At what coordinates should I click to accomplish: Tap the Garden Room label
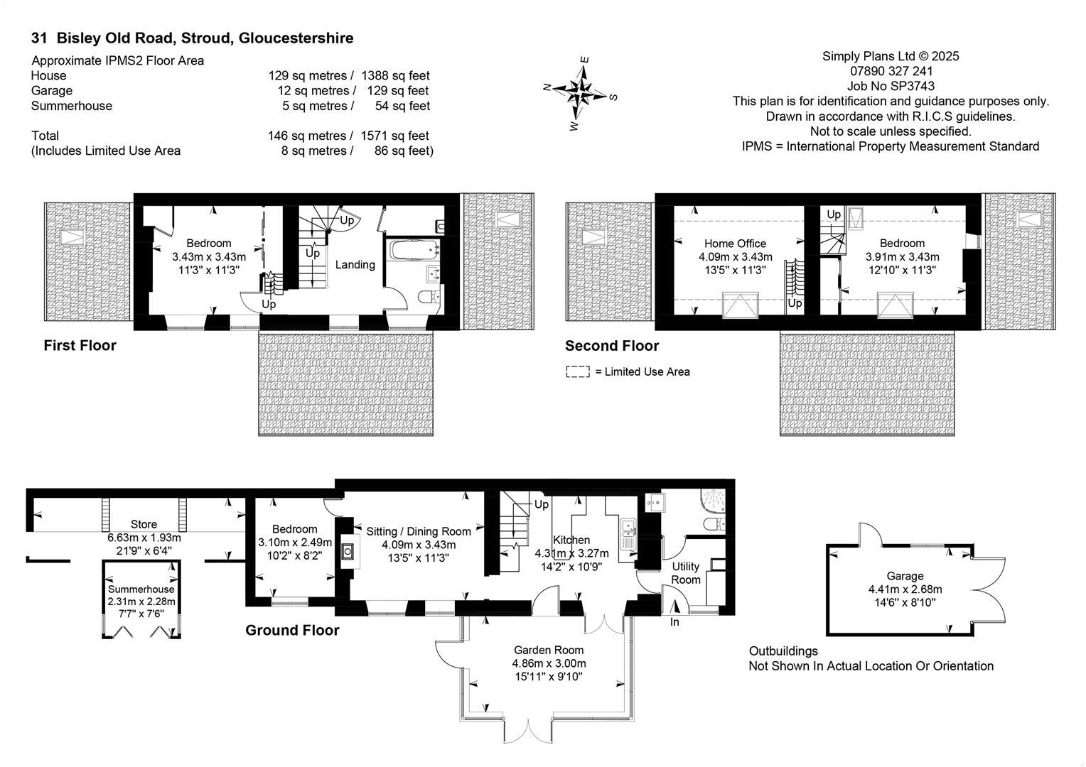tap(549, 650)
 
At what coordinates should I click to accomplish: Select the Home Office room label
tap(735, 244)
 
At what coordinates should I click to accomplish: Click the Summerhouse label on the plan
tap(141, 589)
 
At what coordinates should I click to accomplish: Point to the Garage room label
tap(905, 576)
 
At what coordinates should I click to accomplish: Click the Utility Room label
tap(686, 572)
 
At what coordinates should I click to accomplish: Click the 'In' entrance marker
tap(674, 622)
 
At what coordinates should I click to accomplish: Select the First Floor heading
tap(80, 346)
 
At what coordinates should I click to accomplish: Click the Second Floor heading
tap(611, 346)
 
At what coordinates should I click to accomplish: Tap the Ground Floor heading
tap(292, 630)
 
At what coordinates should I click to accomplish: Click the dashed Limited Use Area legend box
tap(577, 371)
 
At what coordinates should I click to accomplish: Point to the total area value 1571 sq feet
tap(394, 136)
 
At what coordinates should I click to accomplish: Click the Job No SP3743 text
tap(890, 86)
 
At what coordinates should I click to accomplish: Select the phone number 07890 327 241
tap(891, 71)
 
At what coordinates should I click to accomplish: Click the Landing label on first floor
tap(355, 265)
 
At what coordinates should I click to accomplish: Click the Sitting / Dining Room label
tap(419, 531)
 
